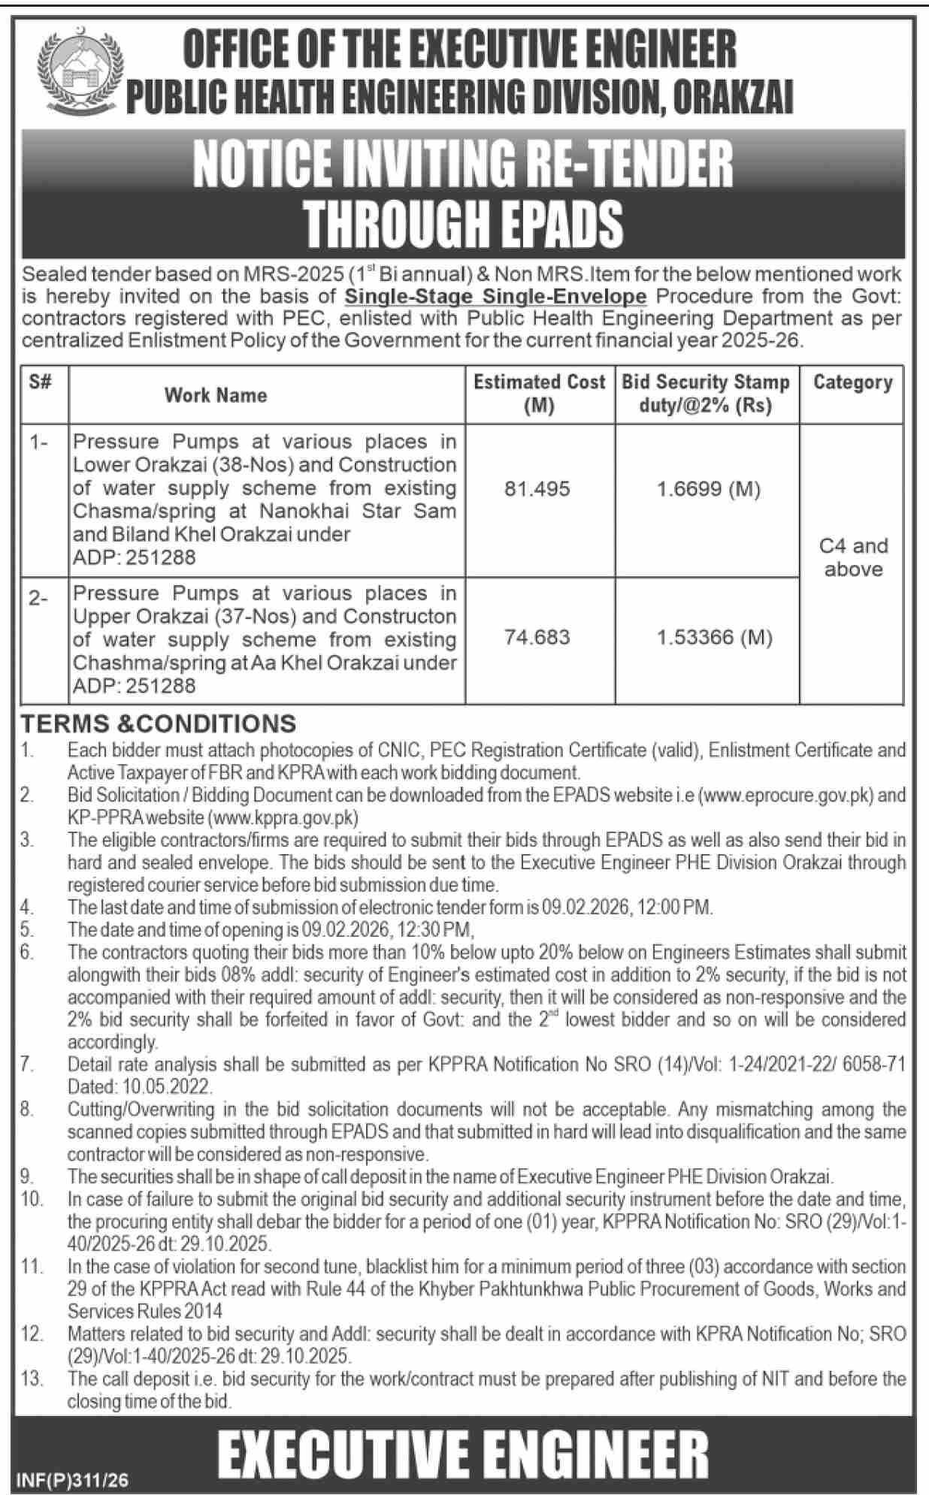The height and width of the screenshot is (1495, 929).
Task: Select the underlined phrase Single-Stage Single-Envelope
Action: click(x=495, y=296)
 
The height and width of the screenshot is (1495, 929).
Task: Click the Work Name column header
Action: click(x=216, y=395)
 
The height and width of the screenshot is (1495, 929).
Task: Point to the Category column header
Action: click(x=852, y=382)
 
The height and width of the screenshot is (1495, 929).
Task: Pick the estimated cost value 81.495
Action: click(x=538, y=489)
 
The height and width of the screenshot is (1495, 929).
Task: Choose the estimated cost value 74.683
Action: click(x=538, y=638)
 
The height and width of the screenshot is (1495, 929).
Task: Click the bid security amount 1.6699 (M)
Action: click(x=708, y=490)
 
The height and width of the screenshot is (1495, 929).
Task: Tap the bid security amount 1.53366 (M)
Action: click(x=714, y=638)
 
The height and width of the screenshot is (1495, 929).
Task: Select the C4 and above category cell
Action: click(x=853, y=557)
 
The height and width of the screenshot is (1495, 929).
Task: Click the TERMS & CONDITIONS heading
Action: click(x=159, y=723)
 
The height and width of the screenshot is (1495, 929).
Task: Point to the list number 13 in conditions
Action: click(x=32, y=1379)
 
